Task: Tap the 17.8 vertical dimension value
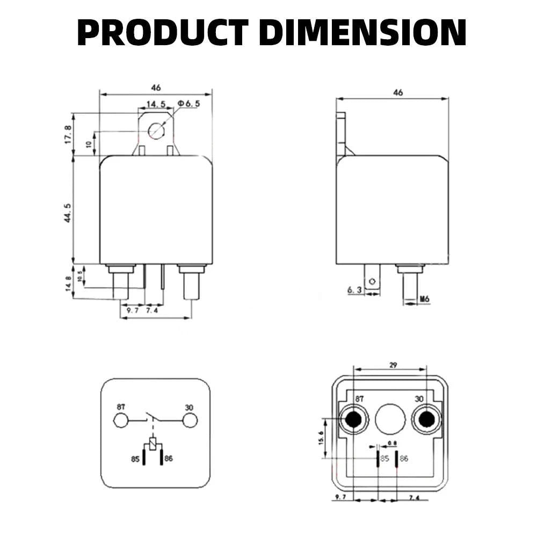tap(68, 134)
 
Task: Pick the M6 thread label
tap(424, 299)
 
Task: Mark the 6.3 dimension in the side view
tap(355, 290)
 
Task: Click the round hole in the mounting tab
tap(156, 130)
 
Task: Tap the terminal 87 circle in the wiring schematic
tap(121, 420)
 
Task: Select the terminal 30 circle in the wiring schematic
tap(188, 420)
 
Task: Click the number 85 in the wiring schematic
tap(134, 460)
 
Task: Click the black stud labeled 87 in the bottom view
tap(353, 419)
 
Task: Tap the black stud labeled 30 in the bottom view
tap(426, 419)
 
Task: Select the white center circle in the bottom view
tap(389, 419)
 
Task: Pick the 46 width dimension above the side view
tap(398, 93)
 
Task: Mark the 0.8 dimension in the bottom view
tap(393, 444)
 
